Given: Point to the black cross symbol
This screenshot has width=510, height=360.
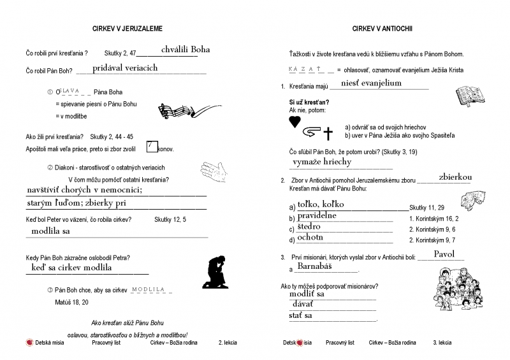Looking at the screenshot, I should [x=328, y=133].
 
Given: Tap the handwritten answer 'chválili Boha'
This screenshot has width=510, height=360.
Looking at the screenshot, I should [x=186, y=49].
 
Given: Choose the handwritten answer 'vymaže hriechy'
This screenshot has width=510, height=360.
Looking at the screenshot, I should [x=322, y=162].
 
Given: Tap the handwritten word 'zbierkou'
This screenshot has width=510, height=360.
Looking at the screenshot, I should [x=455, y=177].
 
